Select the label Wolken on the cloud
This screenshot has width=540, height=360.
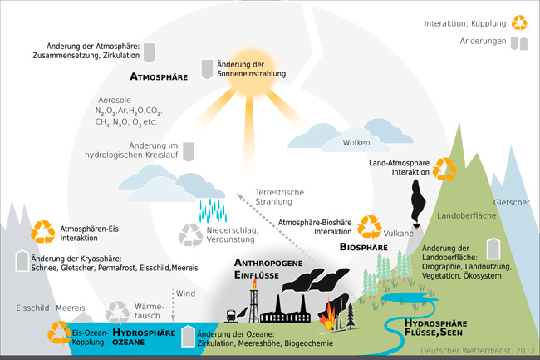tap(356, 143)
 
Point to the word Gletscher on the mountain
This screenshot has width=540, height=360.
tap(511, 203)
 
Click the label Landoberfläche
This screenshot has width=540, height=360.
tap(464, 216)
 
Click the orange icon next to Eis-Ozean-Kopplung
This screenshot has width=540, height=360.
tap(60, 333)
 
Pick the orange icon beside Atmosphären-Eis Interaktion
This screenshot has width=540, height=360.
tap(42, 231)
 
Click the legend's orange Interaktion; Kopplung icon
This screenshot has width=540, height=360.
tap(519, 22)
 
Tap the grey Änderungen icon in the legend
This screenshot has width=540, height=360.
tap(519, 42)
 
